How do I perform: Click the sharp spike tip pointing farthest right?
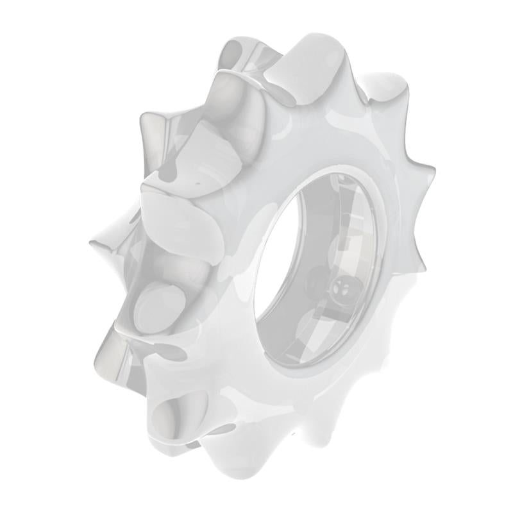[x=433, y=171]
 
